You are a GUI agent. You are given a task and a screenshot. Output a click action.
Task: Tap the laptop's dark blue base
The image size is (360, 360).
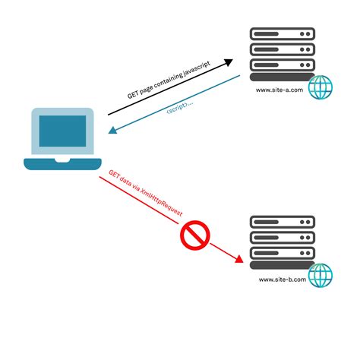click(x=63, y=163)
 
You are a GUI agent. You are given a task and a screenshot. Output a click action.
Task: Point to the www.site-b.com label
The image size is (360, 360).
click(x=282, y=279)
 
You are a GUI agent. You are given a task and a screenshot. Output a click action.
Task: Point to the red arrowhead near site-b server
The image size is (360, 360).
click(x=241, y=261)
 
